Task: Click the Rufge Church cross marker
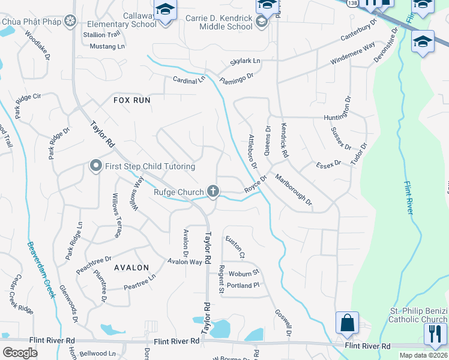(212, 191)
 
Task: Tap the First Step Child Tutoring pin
(95, 166)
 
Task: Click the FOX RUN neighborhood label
(132, 100)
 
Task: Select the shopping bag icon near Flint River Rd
(347, 323)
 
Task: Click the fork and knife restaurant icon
(435, 334)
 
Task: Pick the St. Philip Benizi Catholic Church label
(418, 314)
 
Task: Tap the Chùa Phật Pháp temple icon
(70, 22)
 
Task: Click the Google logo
(20, 353)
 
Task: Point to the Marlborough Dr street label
(294, 189)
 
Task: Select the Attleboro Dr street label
(253, 151)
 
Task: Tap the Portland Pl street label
(243, 285)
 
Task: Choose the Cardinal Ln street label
(189, 80)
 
